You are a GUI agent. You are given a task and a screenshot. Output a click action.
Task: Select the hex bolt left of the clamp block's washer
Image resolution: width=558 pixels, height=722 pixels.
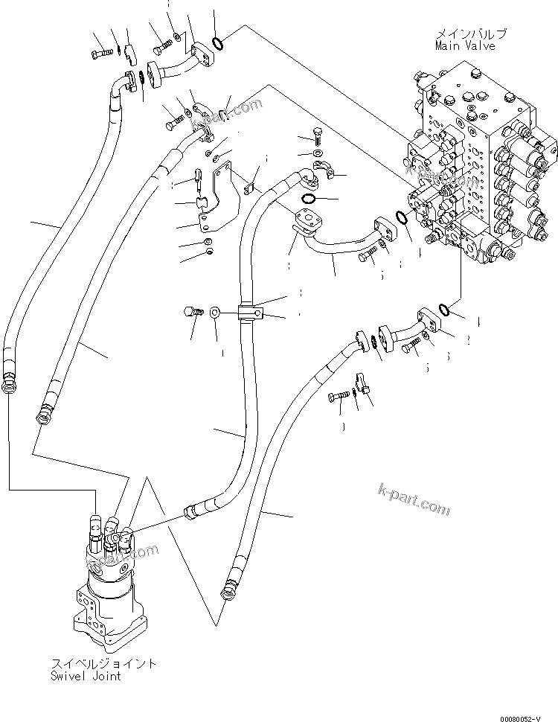tap(191, 313)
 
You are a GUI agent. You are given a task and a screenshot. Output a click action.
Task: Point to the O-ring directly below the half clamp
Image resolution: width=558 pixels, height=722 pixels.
tap(311, 199)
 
